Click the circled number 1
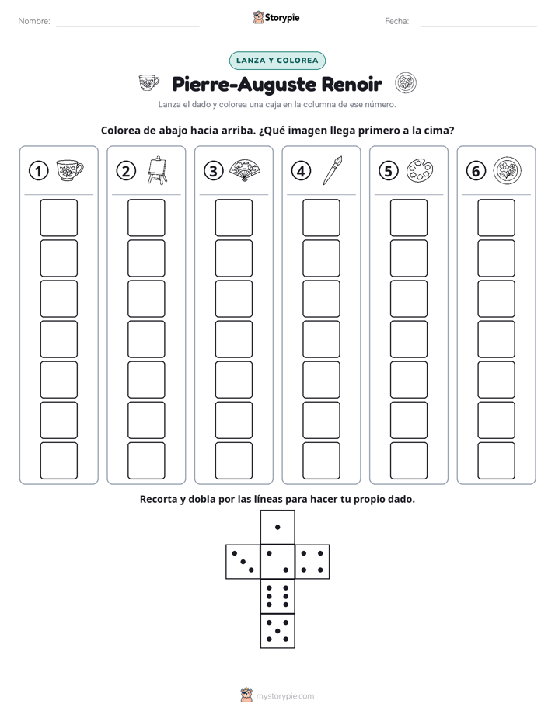(38, 171)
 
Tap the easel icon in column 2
(157, 170)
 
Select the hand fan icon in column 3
(245, 170)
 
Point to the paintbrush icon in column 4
(333, 170)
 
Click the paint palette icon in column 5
(420, 170)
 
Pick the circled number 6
(476, 171)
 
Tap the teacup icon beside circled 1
(70, 170)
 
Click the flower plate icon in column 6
(508, 170)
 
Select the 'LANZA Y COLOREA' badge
(277, 61)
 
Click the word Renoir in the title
(351, 84)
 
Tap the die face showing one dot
(277, 527)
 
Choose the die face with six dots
(277, 596)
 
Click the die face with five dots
(277, 630)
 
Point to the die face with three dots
(243, 561)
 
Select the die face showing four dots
(312, 561)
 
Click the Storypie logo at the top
(276, 17)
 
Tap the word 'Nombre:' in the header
(34, 21)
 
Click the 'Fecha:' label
(396, 21)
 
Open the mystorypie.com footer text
(284, 696)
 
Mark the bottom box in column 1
(59, 461)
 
